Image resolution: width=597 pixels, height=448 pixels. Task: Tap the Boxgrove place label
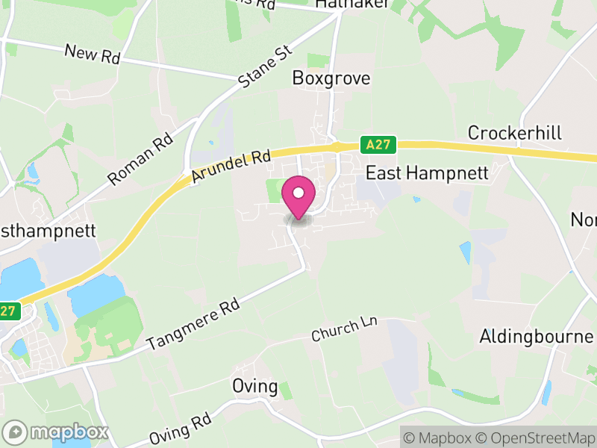(331, 78)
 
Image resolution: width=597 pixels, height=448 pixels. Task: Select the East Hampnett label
(426, 173)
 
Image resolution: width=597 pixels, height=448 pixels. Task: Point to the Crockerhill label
(515, 133)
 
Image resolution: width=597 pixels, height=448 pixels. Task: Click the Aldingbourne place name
(537, 335)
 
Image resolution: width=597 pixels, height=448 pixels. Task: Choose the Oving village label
(254, 388)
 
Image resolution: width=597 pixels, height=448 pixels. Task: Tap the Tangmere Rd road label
(194, 326)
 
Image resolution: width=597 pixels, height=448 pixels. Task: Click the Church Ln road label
(346, 329)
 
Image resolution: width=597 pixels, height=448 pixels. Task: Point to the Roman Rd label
(140, 159)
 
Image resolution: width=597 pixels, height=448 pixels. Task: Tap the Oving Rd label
(181, 429)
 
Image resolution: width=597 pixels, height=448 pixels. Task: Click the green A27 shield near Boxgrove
(379, 143)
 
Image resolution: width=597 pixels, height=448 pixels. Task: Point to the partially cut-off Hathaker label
(341, 4)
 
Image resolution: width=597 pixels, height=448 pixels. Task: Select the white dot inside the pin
(298, 193)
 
